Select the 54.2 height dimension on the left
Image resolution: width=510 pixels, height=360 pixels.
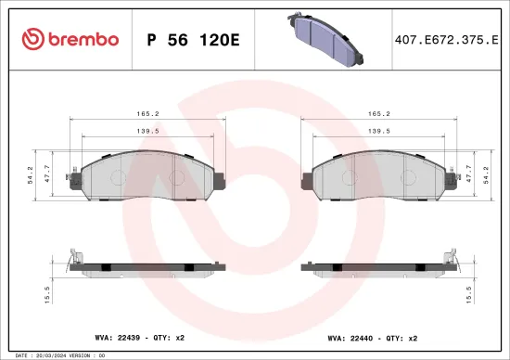(31, 173)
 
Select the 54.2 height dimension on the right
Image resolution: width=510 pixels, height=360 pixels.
(480, 173)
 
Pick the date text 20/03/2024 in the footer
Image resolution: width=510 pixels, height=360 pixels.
(50, 354)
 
